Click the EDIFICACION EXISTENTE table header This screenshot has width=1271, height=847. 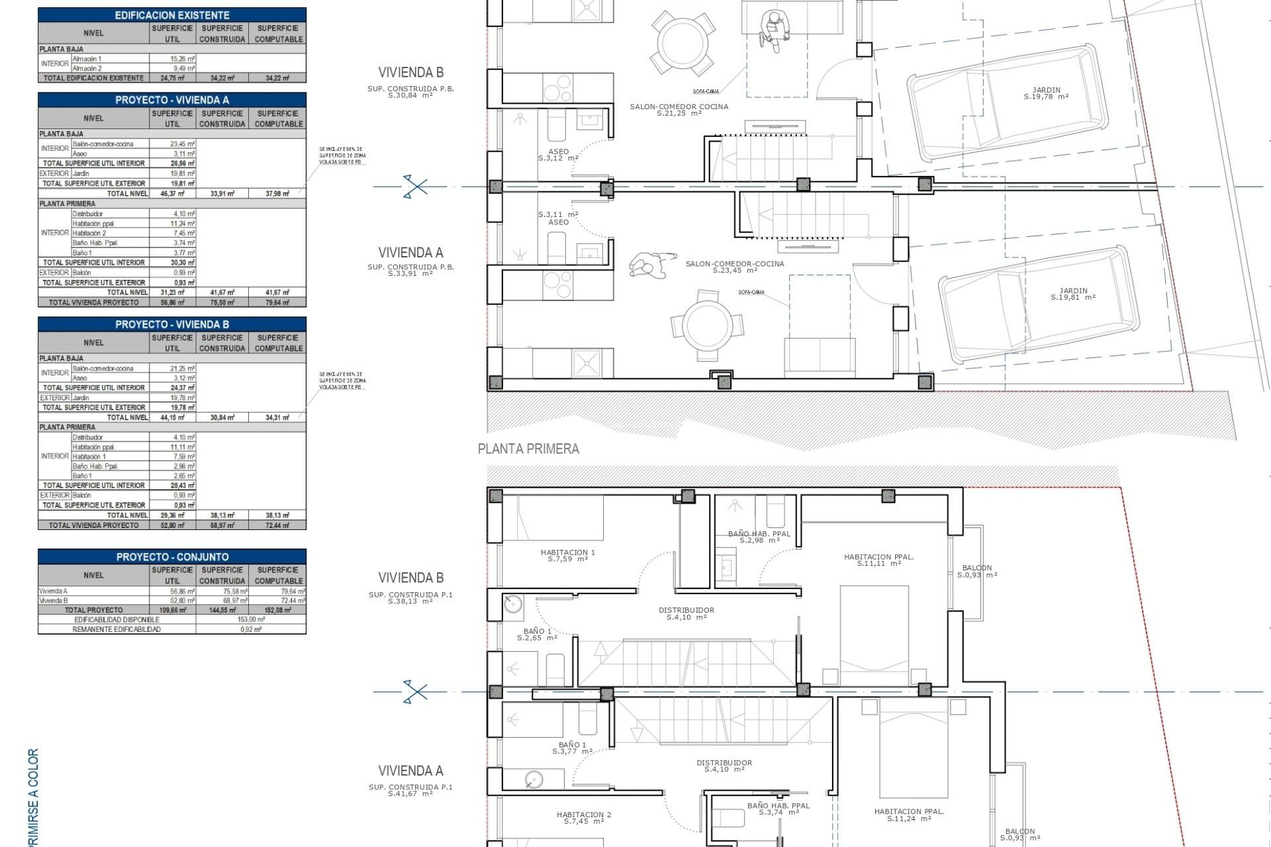172,15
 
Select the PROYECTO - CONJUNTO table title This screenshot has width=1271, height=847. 172,557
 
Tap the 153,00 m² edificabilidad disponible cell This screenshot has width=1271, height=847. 251,619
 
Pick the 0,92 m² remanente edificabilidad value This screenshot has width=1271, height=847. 251,629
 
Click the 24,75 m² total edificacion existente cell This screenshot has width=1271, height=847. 172,78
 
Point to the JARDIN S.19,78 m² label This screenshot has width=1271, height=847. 1046,93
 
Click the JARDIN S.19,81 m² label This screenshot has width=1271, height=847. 1073,294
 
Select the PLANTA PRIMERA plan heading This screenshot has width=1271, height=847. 528,449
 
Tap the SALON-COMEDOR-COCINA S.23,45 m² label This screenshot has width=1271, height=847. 735,267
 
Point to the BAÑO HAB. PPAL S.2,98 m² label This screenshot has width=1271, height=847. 759,537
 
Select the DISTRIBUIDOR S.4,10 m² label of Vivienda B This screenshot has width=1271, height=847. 686,613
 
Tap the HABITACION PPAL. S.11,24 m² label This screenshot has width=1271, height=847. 909,815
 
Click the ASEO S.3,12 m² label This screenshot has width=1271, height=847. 558,155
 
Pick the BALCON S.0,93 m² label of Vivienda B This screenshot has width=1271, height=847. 977,571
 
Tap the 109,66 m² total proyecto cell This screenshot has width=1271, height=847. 172,610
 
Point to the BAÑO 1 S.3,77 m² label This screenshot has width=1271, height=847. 573,748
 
